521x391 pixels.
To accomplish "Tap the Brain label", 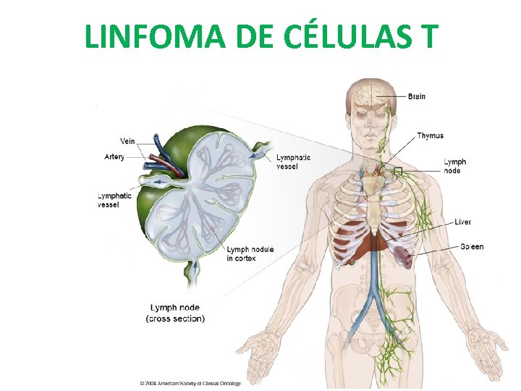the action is (417, 96).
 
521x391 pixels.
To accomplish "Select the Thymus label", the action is (430, 135).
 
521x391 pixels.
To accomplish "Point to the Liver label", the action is (462, 222).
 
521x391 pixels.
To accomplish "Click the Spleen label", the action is (472, 247).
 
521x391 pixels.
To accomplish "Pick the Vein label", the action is (127, 141).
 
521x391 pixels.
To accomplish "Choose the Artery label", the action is (114, 156).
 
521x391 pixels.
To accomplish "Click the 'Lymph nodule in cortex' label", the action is (250, 253).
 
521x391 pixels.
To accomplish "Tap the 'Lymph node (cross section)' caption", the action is (176, 313).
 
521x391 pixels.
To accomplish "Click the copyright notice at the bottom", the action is (190, 382).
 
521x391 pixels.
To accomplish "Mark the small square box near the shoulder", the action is (397, 172).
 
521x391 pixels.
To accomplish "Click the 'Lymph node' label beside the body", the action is (454, 166).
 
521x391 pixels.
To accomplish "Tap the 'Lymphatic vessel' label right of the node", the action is (293, 162).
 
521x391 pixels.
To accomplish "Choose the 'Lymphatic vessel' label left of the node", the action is (114, 200).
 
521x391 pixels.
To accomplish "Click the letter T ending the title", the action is (429, 36).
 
